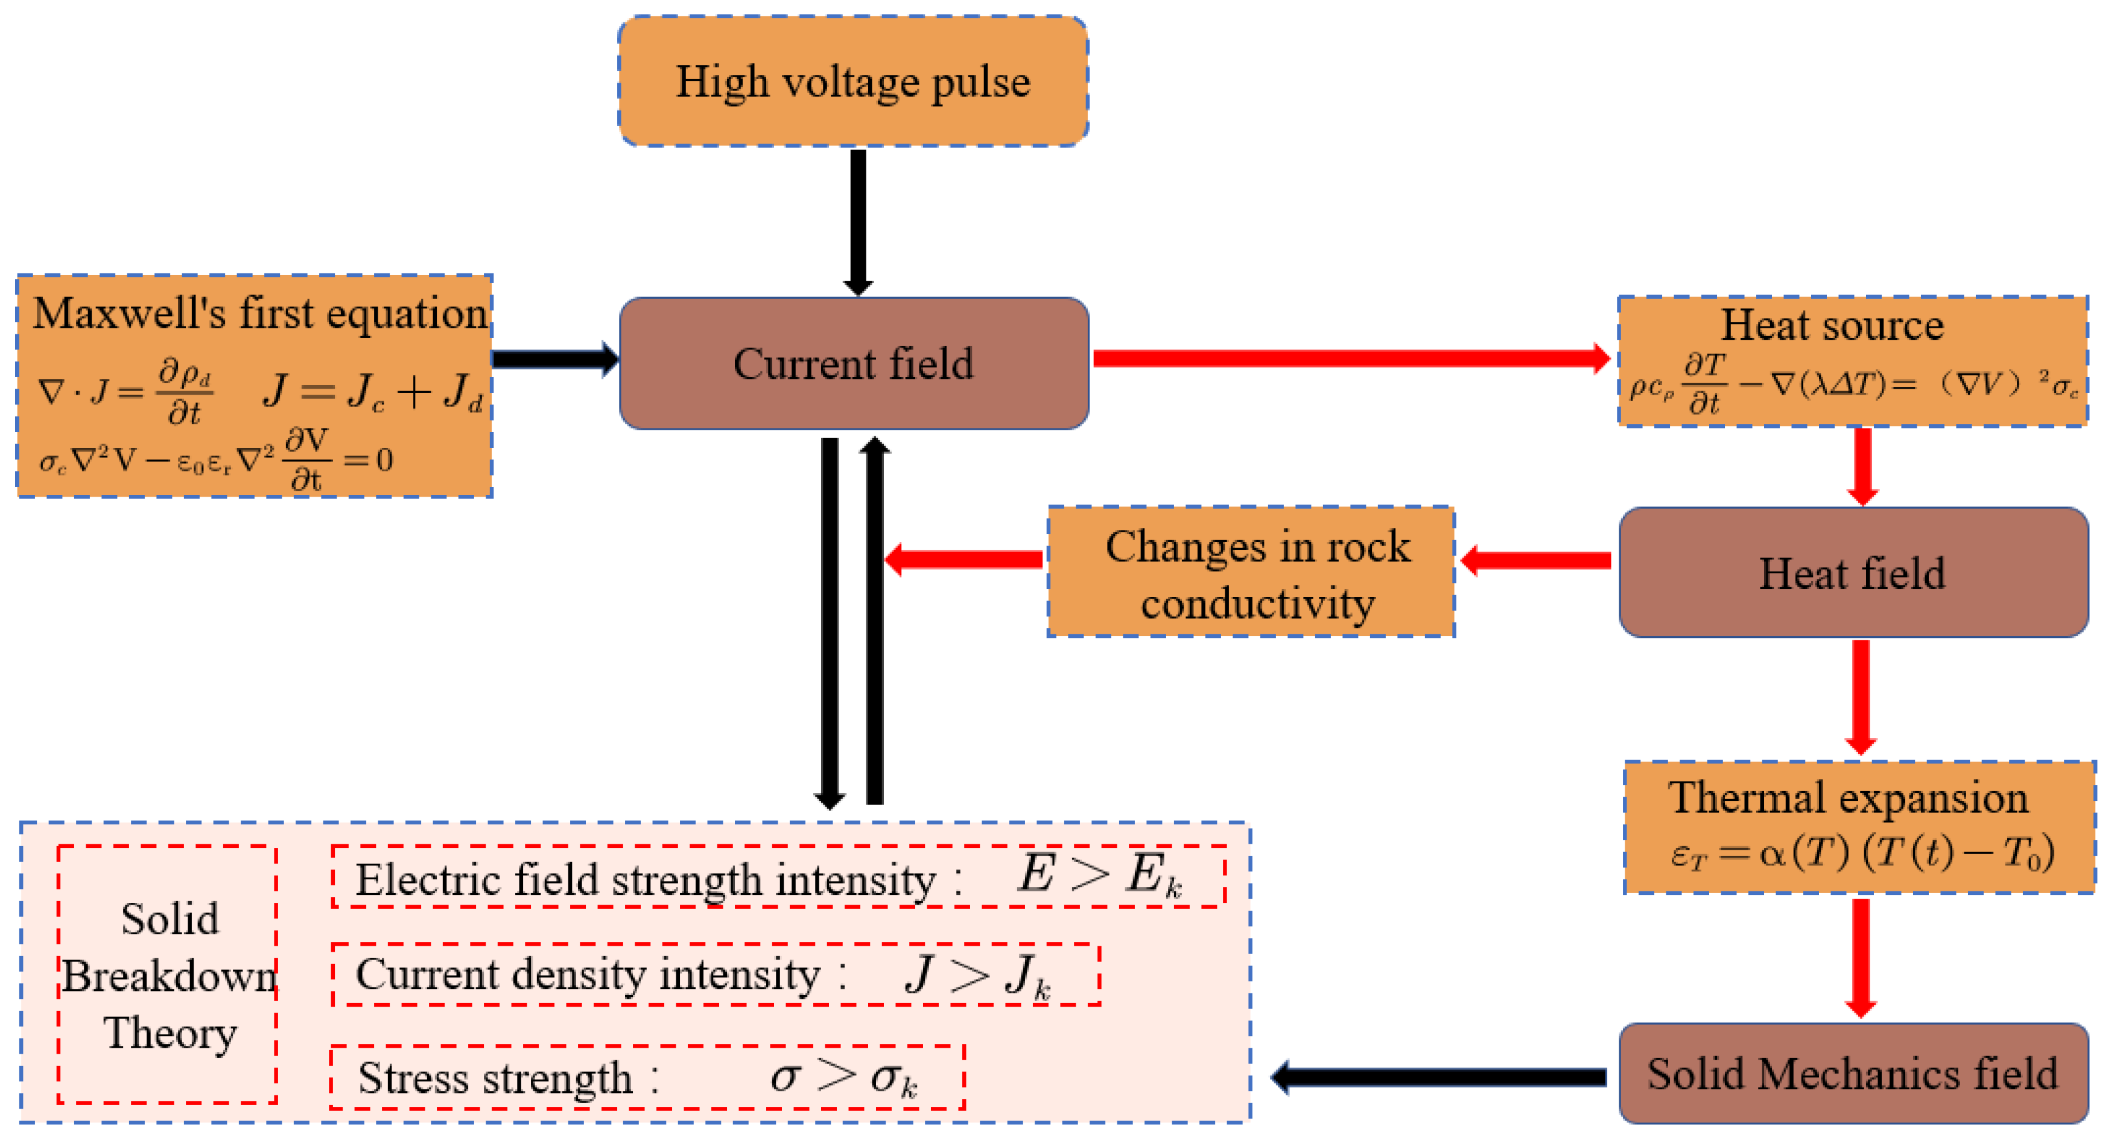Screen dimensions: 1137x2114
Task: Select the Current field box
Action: click(x=854, y=363)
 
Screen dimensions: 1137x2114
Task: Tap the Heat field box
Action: click(x=1852, y=572)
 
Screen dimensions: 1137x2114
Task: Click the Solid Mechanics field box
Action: click(x=1852, y=1073)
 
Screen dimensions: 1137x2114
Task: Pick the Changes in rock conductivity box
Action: click(x=1251, y=572)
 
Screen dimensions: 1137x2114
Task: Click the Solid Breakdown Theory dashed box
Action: click(x=167, y=975)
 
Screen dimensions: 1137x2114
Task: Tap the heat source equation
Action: click(x=1852, y=384)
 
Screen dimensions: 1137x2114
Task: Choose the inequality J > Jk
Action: click(x=977, y=975)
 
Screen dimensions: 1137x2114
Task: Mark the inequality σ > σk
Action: click(x=843, y=1077)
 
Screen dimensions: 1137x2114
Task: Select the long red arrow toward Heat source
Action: click(x=1350, y=358)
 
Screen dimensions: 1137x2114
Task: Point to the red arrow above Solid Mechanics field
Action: click(x=1861, y=957)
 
